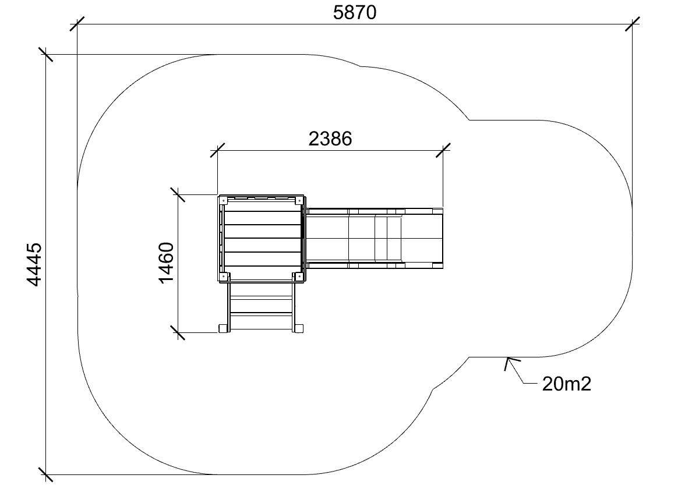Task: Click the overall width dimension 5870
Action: (x=354, y=12)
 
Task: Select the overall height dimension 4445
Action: (x=34, y=264)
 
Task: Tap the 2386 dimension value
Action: (x=330, y=139)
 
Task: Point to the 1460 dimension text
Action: (x=166, y=263)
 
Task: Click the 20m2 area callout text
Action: (x=566, y=384)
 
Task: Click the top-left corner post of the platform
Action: (x=223, y=201)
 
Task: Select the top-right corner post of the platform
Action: (x=299, y=201)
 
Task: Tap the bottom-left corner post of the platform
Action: (x=223, y=277)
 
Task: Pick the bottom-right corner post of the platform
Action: (x=299, y=277)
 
